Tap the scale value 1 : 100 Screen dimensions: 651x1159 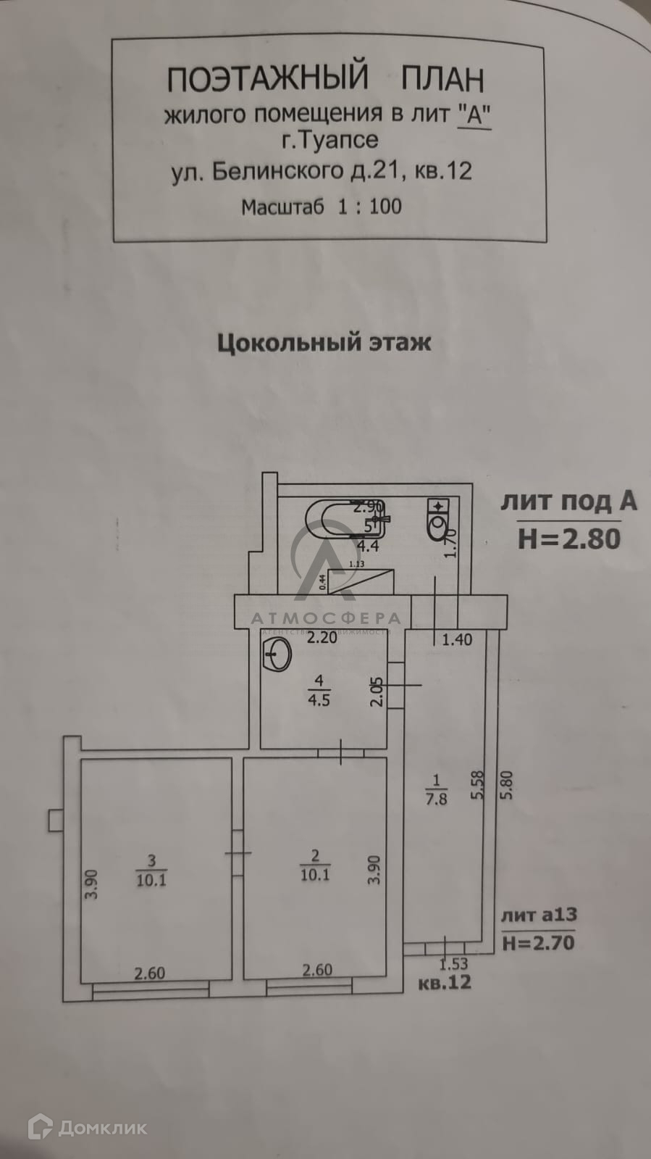369,207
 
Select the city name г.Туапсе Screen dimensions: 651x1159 330,138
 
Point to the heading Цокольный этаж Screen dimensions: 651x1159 324,342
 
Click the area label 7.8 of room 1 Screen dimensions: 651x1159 436,799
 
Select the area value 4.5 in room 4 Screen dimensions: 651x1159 319,700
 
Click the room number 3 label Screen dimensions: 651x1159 151,861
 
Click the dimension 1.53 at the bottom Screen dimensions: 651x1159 454,964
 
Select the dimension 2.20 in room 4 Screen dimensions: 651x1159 322,639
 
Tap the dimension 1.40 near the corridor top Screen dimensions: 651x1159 457,639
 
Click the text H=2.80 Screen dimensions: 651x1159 569,539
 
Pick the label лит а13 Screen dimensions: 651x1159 539,915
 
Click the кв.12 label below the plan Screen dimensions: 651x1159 445,982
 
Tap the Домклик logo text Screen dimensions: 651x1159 103,1128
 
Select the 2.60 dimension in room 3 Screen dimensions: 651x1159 150,973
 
